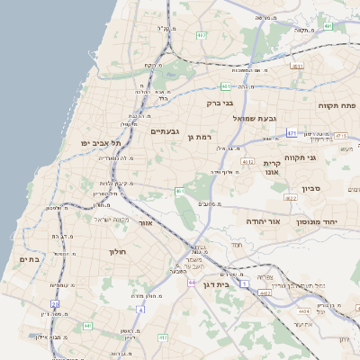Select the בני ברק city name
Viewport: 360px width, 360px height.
pos(221,103)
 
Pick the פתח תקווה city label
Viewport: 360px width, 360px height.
pos(337,105)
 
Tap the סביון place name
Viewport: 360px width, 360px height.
pos(311,189)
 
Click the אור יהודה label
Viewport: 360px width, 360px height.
pos(263,220)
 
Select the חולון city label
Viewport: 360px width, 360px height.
pos(119,252)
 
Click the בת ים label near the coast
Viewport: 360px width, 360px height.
pos(30,259)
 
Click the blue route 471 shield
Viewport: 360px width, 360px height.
pos(292,133)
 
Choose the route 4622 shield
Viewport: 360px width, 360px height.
pos(290,198)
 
